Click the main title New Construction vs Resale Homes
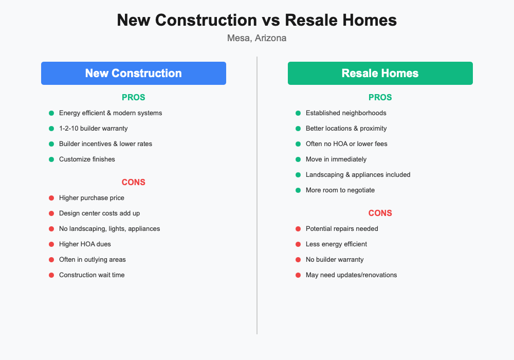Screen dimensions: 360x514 (x=256, y=20)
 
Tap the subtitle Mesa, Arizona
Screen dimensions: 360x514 (x=256, y=38)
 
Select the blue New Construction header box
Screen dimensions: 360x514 (x=134, y=73)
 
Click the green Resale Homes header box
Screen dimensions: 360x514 (x=380, y=73)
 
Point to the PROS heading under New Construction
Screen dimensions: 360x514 (x=134, y=97)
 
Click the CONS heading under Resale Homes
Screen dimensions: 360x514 (x=380, y=213)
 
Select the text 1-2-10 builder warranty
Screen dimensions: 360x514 (x=94, y=129)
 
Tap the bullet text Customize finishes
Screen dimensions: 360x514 (x=87, y=159)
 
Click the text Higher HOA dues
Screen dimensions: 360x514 (x=85, y=244)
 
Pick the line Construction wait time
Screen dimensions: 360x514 (x=91, y=275)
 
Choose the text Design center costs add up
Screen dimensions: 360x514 (x=99, y=213)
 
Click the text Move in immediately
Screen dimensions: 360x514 (x=336, y=159)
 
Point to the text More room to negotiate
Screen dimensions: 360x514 (x=340, y=190)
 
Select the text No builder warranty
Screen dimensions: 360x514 (x=335, y=260)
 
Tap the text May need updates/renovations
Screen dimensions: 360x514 (x=351, y=275)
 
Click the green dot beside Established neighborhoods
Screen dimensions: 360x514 (x=298, y=113)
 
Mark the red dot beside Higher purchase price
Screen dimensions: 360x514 (x=51, y=198)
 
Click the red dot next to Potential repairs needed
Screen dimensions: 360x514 (x=298, y=229)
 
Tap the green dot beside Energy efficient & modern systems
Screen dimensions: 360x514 (x=51, y=113)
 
